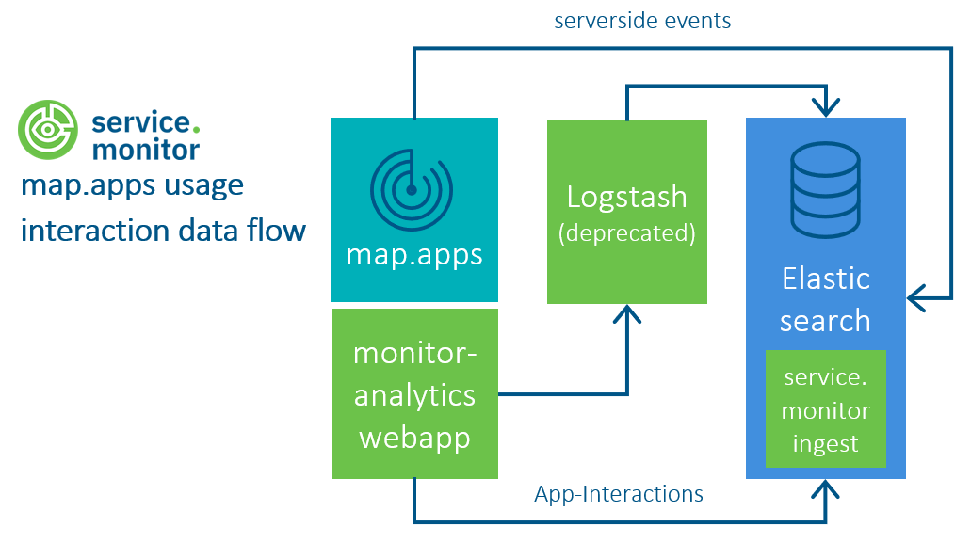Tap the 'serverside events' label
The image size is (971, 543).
click(x=642, y=21)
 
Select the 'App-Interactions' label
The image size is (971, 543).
click(x=619, y=493)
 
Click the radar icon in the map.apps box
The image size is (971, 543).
click(x=412, y=190)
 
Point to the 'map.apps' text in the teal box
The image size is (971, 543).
click(x=414, y=254)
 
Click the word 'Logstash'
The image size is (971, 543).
click(x=626, y=198)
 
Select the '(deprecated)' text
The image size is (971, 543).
click(x=626, y=233)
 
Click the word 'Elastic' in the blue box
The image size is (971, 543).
click(x=825, y=279)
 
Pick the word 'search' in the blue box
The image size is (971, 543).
click(x=825, y=321)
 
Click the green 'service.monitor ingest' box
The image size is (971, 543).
click(x=825, y=409)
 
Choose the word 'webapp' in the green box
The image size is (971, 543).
click(x=414, y=438)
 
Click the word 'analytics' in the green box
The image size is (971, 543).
click(x=414, y=395)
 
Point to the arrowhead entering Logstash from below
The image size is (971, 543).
click(x=626, y=314)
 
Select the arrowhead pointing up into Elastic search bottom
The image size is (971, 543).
click(x=826, y=490)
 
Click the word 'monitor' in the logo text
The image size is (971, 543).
click(x=145, y=150)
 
